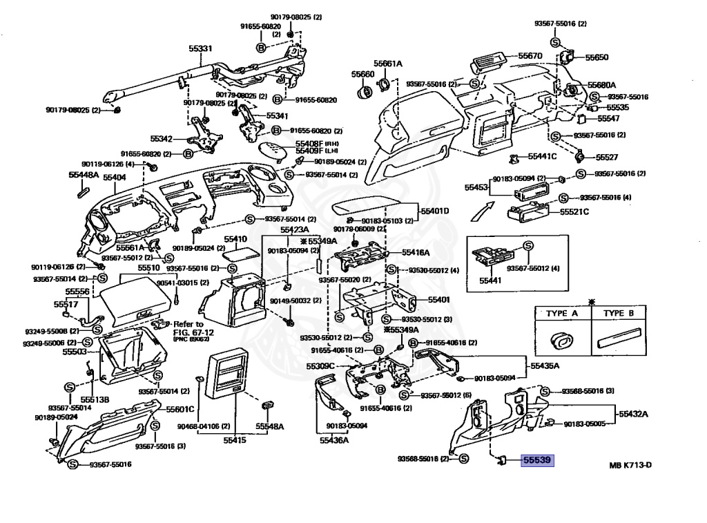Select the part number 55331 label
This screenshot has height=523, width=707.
click(x=201, y=49)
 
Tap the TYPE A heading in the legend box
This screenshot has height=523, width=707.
click(x=562, y=313)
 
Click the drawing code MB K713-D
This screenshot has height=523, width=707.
click(x=630, y=465)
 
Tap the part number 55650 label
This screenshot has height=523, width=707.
click(x=597, y=57)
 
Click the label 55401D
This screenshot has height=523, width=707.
click(x=436, y=210)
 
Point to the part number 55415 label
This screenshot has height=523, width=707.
click(x=235, y=439)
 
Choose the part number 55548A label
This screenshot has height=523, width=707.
click(x=270, y=426)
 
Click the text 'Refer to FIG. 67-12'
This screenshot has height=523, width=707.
click(x=188, y=327)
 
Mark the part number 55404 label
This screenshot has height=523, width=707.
click(x=114, y=178)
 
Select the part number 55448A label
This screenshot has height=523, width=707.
click(x=83, y=175)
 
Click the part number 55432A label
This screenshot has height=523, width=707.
click(x=634, y=414)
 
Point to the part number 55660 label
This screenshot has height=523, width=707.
click(x=362, y=74)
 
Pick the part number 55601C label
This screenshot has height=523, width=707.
click(x=180, y=409)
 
